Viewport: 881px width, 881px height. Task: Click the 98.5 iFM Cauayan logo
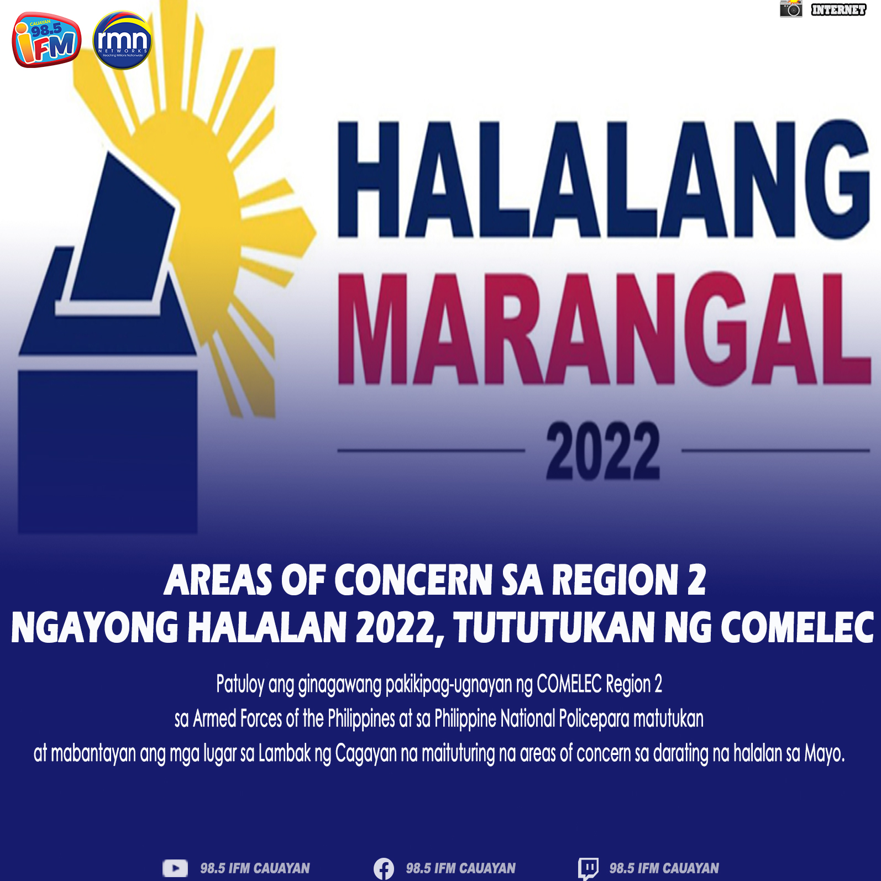pyautogui.click(x=46, y=40)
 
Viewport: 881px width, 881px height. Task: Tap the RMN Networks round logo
pyautogui.click(x=122, y=40)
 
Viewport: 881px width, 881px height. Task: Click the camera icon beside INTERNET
pyautogui.click(x=791, y=9)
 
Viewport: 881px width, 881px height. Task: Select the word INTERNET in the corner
pyautogui.click(x=838, y=9)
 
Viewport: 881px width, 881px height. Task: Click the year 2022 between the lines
pyautogui.click(x=602, y=450)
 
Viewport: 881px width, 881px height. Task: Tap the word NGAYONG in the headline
pyautogui.click(x=95, y=628)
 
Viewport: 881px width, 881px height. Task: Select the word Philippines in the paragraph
pyautogui.click(x=361, y=719)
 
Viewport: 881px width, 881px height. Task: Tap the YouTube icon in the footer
pyautogui.click(x=175, y=868)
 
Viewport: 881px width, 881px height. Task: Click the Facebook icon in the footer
pyautogui.click(x=384, y=868)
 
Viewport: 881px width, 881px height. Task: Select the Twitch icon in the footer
pyautogui.click(x=588, y=868)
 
